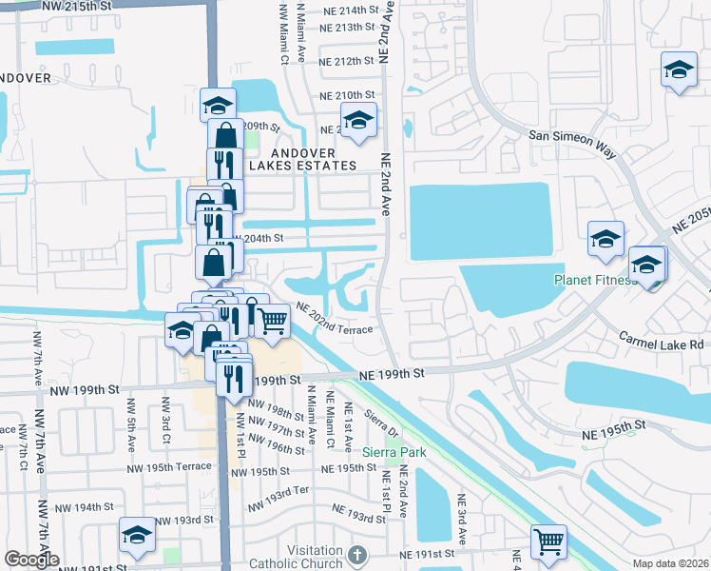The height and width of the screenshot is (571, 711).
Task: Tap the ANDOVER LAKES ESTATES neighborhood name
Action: [x=303, y=158]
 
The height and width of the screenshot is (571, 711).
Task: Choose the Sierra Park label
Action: [x=394, y=452]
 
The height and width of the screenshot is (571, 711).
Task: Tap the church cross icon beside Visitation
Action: [x=356, y=554]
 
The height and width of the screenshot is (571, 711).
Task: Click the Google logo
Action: [x=31, y=560]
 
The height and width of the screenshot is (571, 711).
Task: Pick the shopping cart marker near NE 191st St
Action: [x=548, y=541]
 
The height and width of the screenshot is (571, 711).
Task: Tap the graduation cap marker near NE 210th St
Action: [x=358, y=120]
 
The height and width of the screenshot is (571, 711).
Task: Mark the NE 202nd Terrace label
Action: [x=334, y=319]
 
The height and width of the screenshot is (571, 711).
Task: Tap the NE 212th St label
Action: [x=346, y=61]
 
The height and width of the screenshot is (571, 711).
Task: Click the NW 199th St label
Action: [x=86, y=389]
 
